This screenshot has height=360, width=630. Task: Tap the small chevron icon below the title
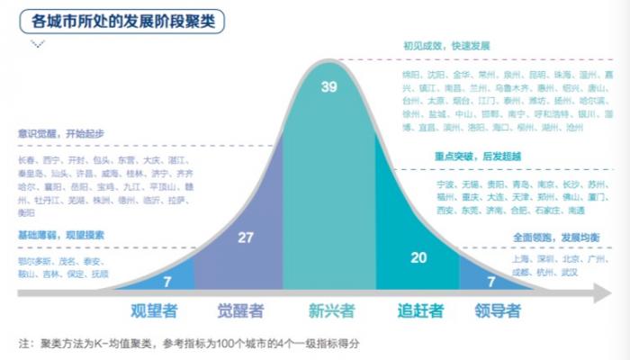[38, 43]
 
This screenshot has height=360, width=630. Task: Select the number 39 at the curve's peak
[329, 86]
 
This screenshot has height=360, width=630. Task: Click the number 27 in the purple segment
[245, 237]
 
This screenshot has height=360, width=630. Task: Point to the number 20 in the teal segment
[418, 256]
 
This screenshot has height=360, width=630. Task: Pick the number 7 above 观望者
[167, 282]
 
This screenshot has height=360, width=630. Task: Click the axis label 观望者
[154, 311]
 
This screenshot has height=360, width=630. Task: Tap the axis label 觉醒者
[240, 311]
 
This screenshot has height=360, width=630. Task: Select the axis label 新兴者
[331, 311]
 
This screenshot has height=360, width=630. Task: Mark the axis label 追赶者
[420, 311]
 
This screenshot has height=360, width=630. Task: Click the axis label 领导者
[498, 311]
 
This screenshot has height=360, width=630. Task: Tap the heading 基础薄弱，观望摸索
[60, 233]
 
